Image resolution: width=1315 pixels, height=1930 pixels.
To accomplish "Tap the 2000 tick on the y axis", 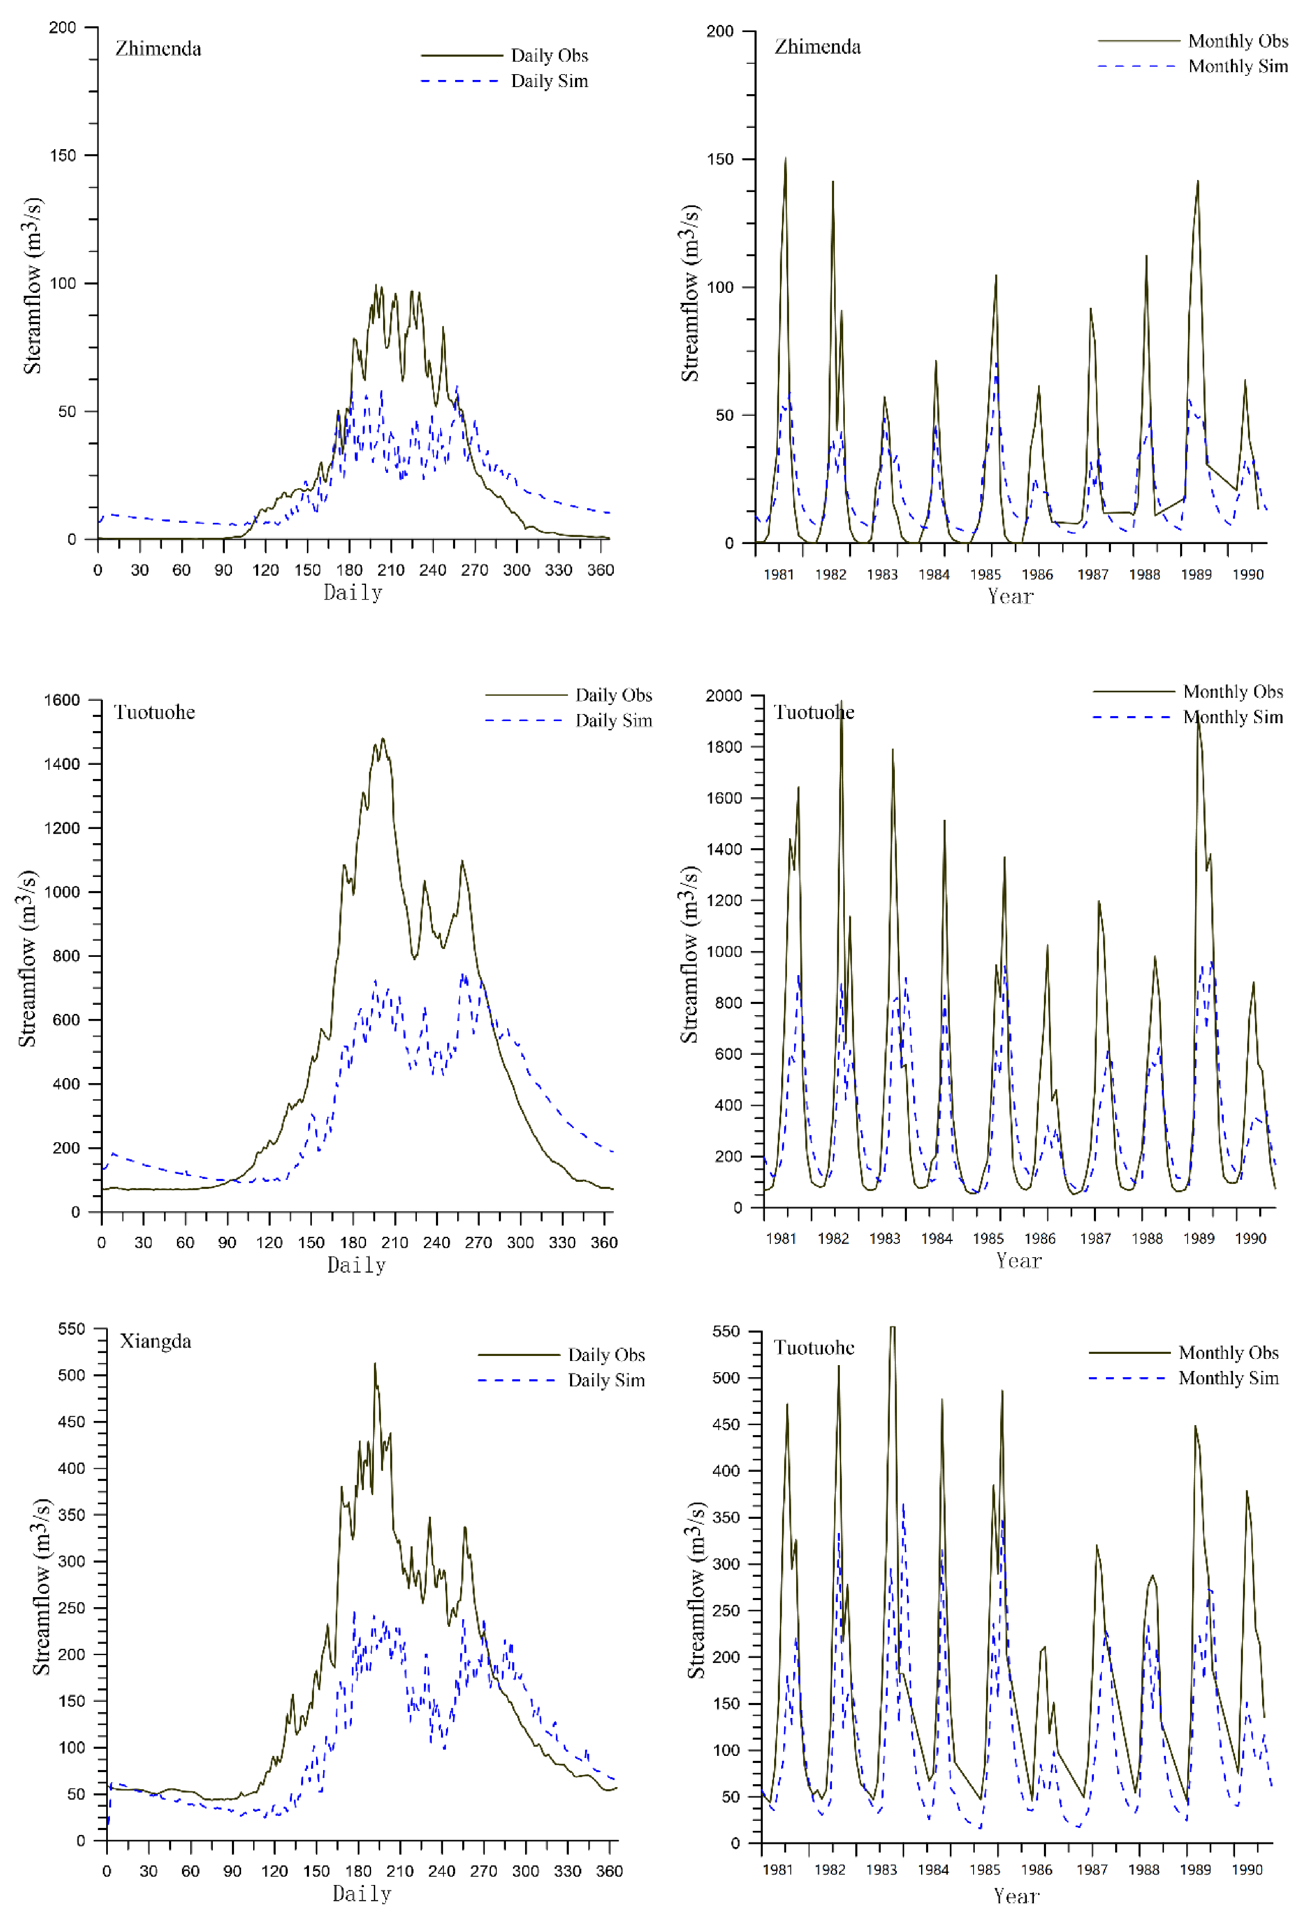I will click(723, 696).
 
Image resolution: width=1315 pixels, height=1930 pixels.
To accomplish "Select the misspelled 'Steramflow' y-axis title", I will click(32, 286).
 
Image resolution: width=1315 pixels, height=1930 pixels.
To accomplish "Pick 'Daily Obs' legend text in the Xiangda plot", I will click(606, 1354).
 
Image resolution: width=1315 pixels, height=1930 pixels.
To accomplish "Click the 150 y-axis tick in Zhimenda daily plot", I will click(62, 155).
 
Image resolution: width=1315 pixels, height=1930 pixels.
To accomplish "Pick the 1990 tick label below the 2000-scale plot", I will click(1249, 1238).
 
